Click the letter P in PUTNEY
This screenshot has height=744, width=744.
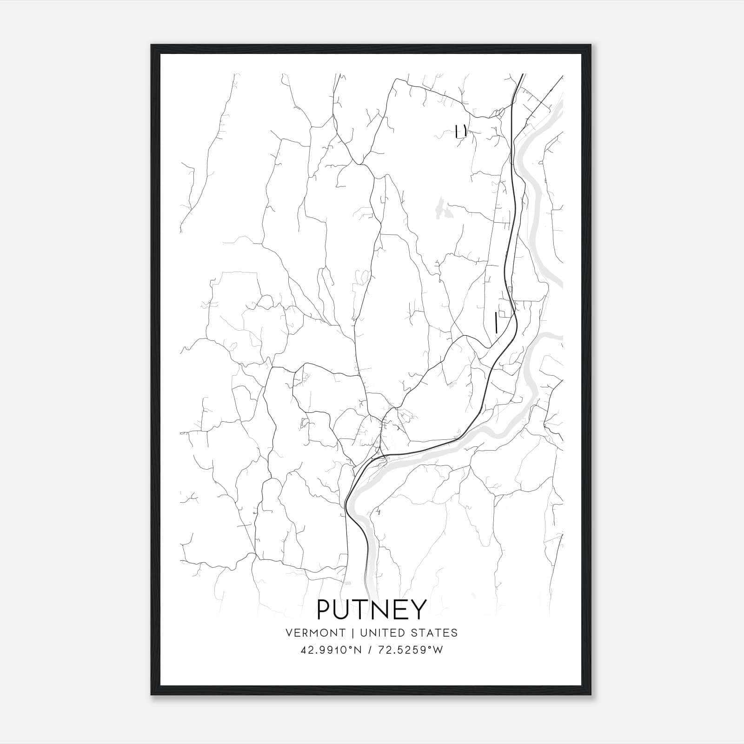325,609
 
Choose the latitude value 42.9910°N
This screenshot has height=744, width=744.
332,650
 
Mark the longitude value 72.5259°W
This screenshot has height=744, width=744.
410,650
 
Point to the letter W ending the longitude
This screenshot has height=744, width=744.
438,650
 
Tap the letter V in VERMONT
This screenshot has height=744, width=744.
289,633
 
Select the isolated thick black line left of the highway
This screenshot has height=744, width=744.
496,322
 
